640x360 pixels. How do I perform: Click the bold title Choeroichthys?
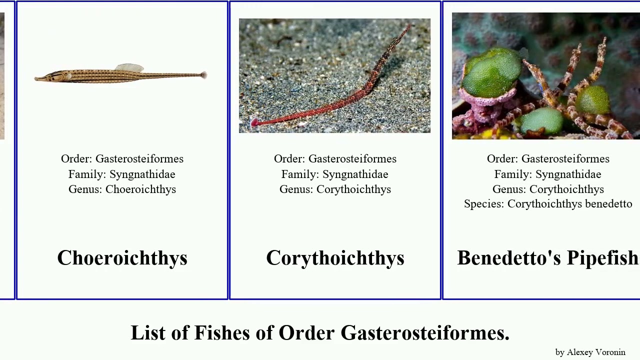click(x=122, y=258)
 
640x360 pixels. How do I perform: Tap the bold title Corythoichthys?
click(x=335, y=258)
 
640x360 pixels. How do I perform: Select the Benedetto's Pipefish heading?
click(x=548, y=258)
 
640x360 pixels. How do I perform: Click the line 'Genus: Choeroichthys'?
click(x=122, y=189)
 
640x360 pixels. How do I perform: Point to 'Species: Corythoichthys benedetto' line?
click(x=548, y=204)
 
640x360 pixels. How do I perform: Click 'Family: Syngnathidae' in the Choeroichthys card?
click(x=122, y=174)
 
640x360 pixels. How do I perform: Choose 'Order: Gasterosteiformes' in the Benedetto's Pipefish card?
click(x=548, y=159)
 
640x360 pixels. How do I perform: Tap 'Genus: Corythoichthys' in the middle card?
click(x=335, y=189)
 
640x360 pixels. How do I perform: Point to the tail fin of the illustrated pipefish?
click(x=203, y=75)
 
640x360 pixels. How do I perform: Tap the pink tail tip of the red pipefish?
click(x=254, y=123)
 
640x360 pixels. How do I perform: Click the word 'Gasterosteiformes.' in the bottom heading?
click(x=425, y=333)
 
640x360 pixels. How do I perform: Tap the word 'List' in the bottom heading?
click(x=148, y=333)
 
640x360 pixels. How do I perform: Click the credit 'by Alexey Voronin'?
click(x=590, y=352)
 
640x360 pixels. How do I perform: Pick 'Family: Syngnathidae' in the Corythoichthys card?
click(x=335, y=174)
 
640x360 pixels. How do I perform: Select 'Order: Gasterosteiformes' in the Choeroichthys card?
click(x=122, y=159)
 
